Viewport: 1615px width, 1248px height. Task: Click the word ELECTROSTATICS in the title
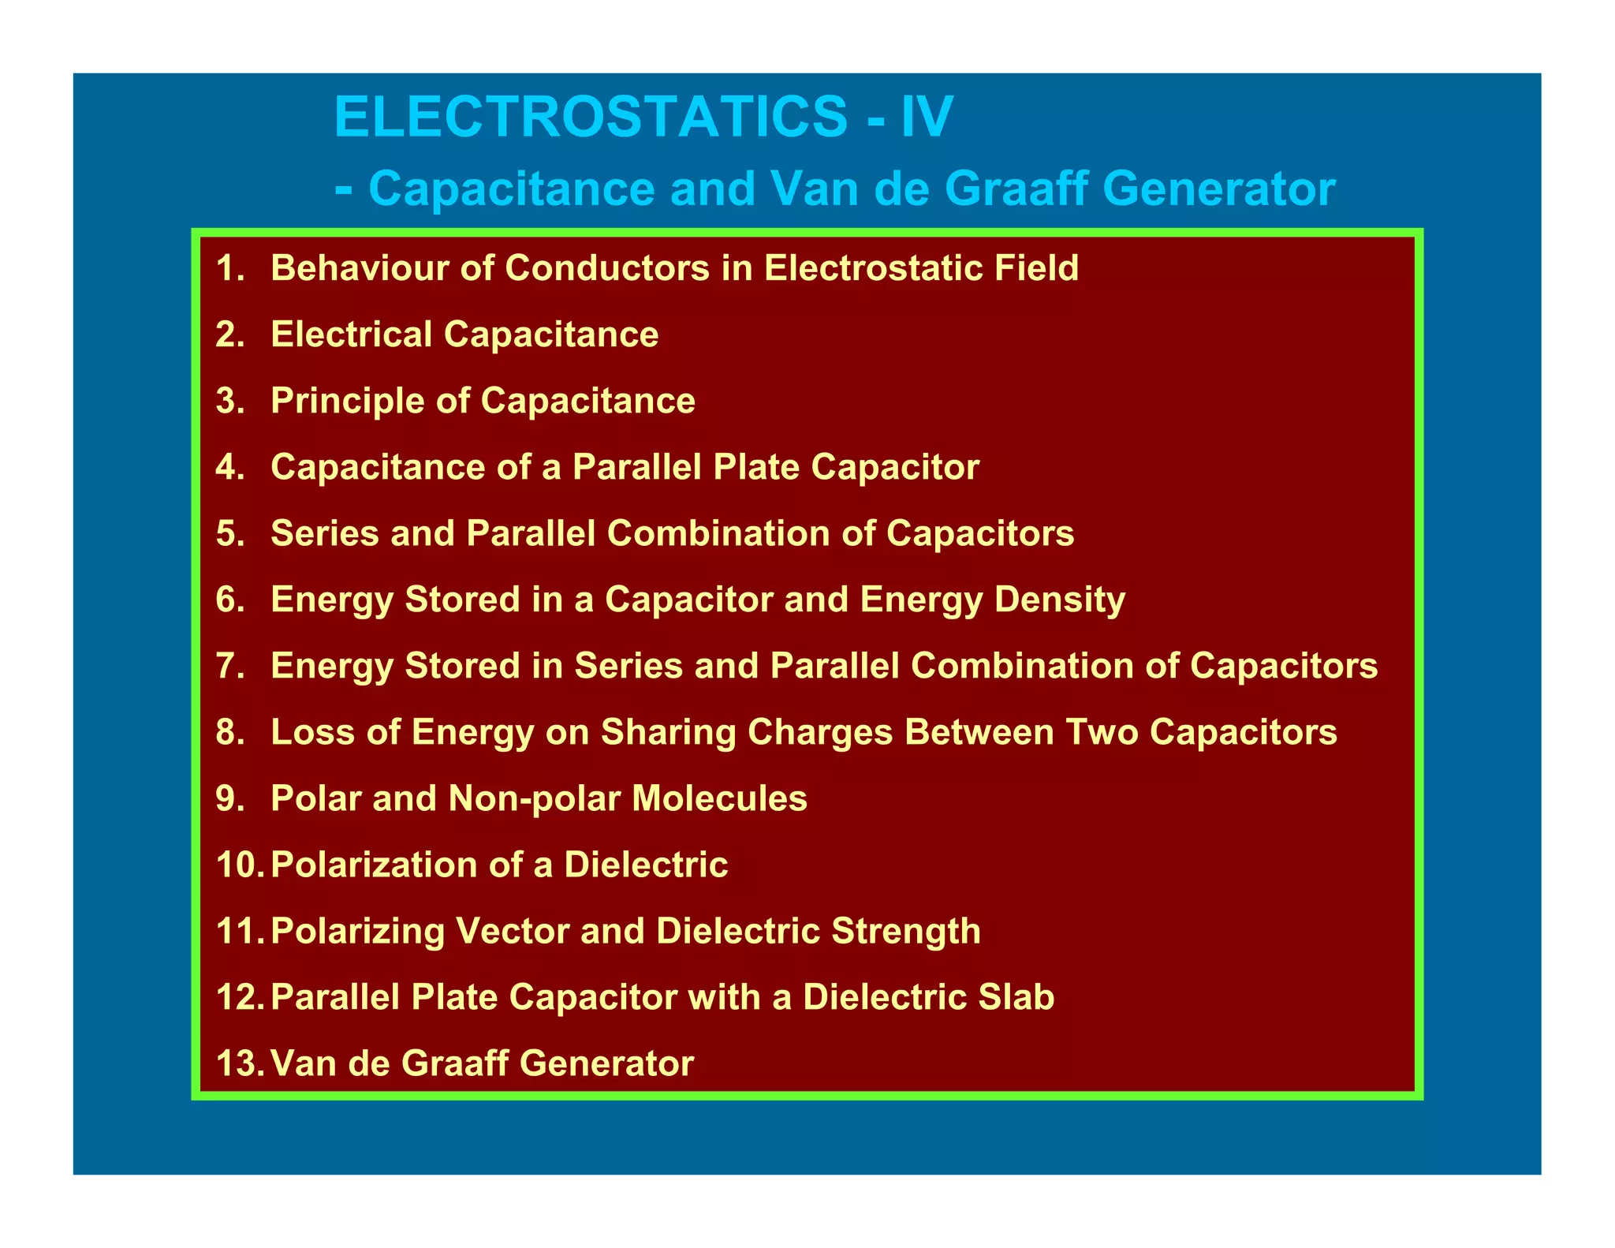click(x=591, y=117)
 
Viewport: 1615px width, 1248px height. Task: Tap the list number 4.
click(x=230, y=467)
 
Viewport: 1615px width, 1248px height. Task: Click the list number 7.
click(x=230, y=666)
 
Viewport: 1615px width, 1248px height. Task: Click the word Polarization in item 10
click(x=374, y=865)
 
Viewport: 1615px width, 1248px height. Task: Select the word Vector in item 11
click(x=511, y=931)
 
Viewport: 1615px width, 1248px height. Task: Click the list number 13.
click(x=238, y=1063)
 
